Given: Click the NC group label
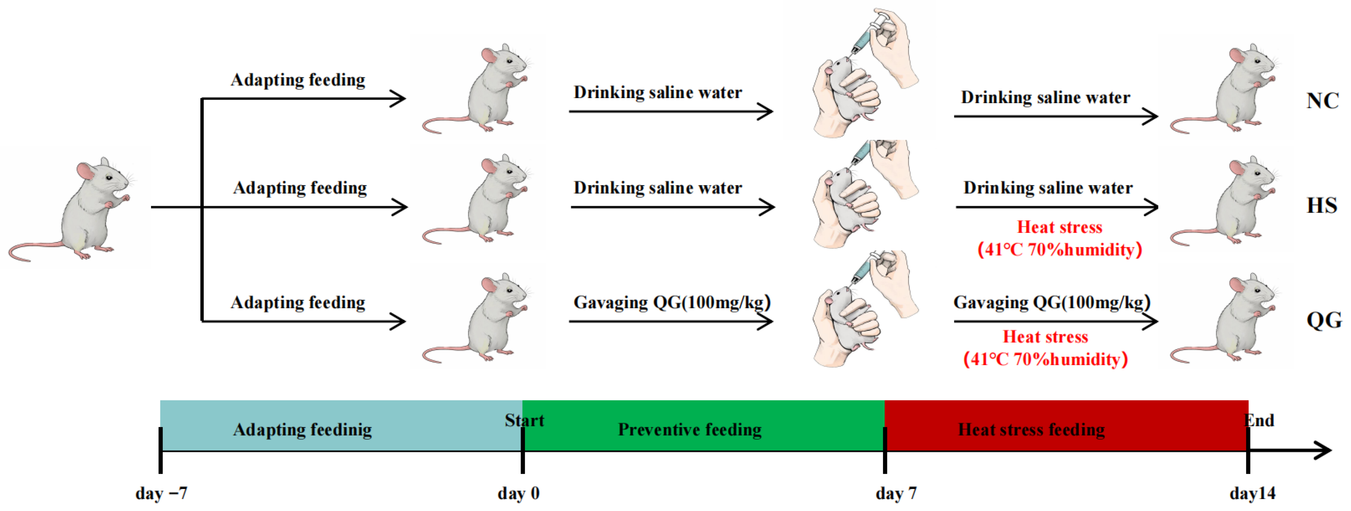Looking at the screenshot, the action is [1322, 100].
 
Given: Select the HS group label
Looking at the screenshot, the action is [1322, 205].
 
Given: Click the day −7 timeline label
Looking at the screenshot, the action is [161, 493].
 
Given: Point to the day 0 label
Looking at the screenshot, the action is [518, 493].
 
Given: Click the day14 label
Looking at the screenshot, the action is [1252, 493].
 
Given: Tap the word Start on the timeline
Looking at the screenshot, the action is [524, 420].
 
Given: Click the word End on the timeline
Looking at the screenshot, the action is [1259, 420].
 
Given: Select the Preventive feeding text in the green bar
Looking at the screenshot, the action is [690, 430].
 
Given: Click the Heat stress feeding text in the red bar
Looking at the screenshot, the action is [1031, 430].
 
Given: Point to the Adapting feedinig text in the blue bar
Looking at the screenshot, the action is [303, 430].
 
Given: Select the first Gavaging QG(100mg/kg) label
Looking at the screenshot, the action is [672, 302].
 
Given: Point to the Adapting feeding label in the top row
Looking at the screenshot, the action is [298, 80].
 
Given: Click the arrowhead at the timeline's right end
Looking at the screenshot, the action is [1319, 450].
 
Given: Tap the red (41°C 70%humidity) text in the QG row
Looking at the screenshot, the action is [1045, 359].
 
